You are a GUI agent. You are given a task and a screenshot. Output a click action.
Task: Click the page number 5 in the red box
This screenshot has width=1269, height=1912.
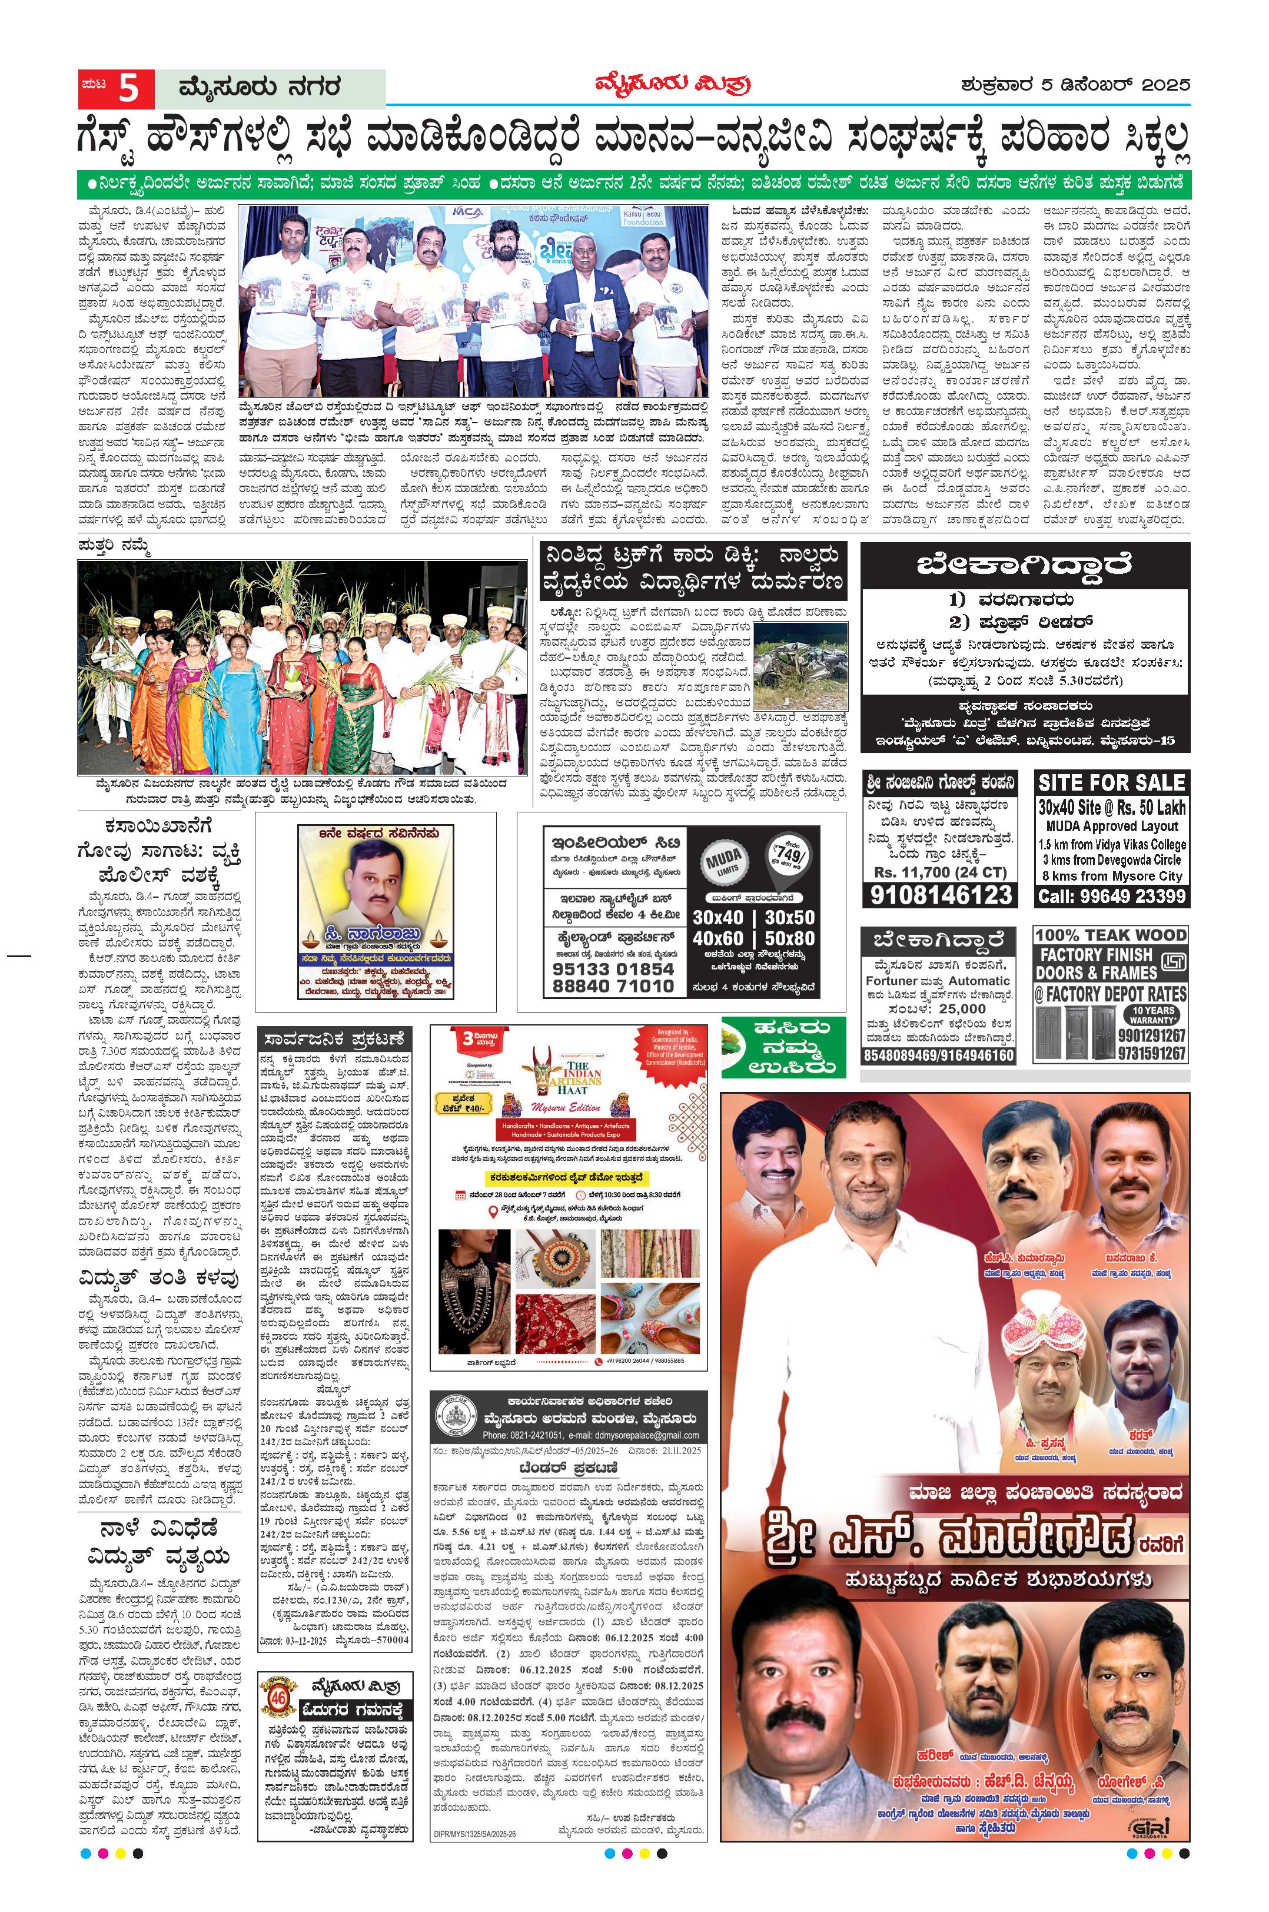click(128, 88)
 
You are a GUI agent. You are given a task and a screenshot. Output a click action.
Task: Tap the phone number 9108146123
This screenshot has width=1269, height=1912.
click(941, 894)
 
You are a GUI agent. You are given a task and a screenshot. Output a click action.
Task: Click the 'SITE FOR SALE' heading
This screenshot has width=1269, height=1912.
click(1111, 783)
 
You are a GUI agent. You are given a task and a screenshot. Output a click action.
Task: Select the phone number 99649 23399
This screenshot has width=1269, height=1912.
click(1112, 896)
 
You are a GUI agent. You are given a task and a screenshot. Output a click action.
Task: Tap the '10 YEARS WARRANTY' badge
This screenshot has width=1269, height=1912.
click(1152, 1015)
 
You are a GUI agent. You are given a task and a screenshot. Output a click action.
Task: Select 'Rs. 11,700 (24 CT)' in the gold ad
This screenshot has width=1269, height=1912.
click(941, 872)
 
